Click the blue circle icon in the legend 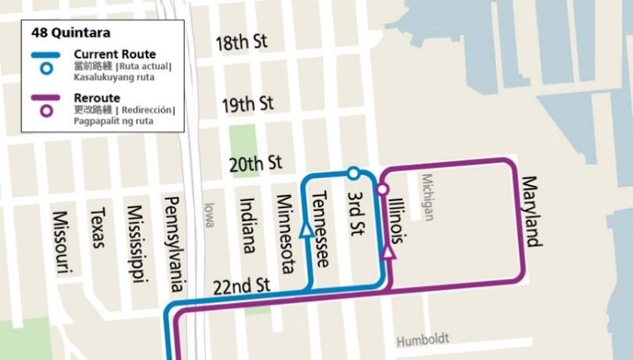47,68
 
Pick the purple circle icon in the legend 47,111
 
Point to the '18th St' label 241,42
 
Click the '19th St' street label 247,103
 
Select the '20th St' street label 255,163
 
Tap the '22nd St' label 241,286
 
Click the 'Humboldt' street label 423,341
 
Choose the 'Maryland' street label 531,212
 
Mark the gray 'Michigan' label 427,197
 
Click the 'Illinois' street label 397,220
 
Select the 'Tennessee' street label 320,230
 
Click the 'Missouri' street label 63,242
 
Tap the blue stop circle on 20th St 353,173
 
